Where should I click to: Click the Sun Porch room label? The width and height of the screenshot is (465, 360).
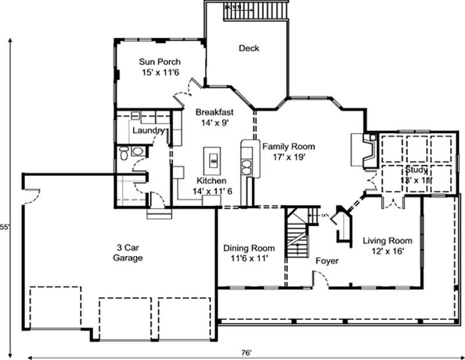pyautogui.click(x=159, y=62)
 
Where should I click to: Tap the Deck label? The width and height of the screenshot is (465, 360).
pyautogui.click(x=249, y=48)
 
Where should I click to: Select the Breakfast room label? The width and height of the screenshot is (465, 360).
pyautogui.click(x=214, y=112)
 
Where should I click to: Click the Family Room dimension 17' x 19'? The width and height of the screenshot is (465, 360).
pyautogui.click(x=288, y=156)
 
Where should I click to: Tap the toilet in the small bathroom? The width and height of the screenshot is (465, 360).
pyautogui.click(x=123, y=154)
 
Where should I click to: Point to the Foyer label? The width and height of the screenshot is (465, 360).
pyautogui.click(x=327, y=261)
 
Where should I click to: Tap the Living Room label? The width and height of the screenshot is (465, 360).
pyautogui.click(x=387, y=240)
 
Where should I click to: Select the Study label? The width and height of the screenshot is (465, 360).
pyautogui.click(x=417, y=170)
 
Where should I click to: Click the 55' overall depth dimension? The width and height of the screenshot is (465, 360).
pyautogui.click(x=5, y=226)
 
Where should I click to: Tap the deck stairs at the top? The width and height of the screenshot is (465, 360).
pyautogui.click(x=256, y=10)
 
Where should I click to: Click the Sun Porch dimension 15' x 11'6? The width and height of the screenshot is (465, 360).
pyautogui.click(x=159, y=72)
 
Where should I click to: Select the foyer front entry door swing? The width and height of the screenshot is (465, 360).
pyautogui.click(x=320, y=281)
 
